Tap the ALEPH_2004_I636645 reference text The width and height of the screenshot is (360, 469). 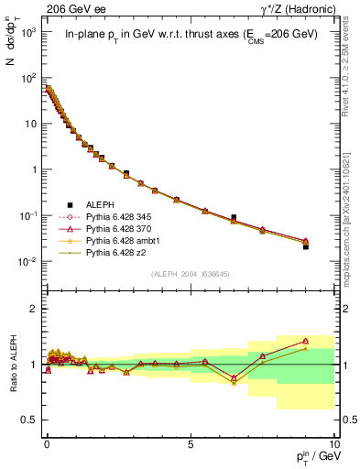190,274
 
